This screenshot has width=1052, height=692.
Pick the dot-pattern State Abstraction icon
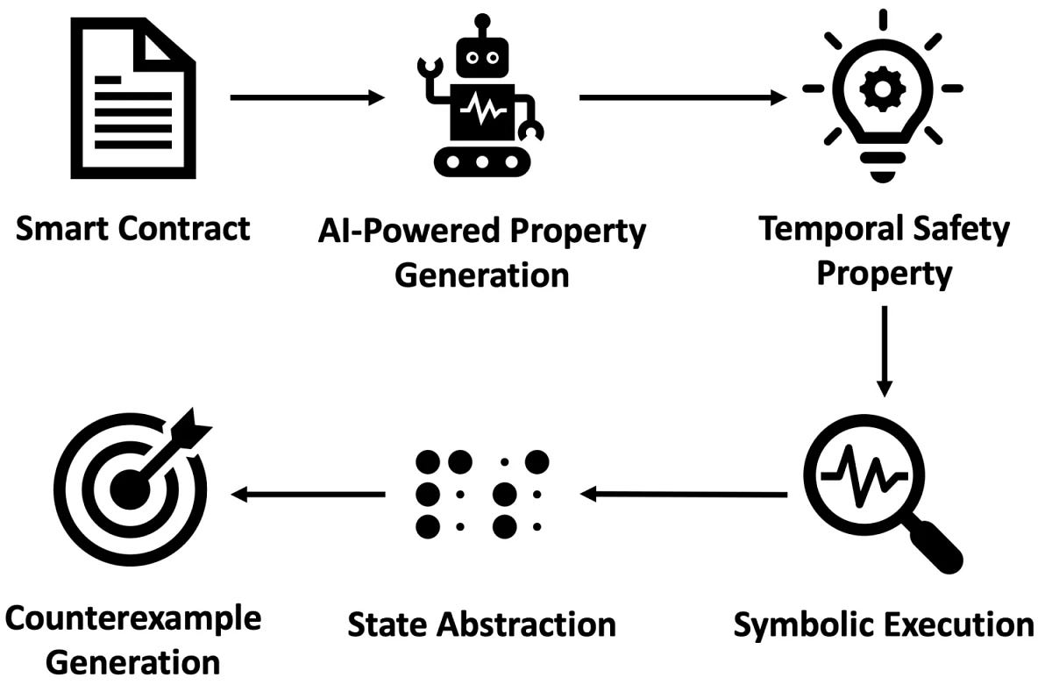(x=480, y=494)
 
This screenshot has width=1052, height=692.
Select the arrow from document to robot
(x=307, y=97)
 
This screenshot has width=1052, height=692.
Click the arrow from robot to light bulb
(x=683, y=97)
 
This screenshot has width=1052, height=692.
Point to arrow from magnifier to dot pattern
(x=684, y=495)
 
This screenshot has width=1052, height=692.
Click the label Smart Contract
(x=133, y=229)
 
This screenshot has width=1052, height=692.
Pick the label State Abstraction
(x=481, y=625)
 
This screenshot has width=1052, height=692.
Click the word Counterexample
(x=133, y=618)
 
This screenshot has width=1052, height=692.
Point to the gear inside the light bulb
(x=881, y=86)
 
